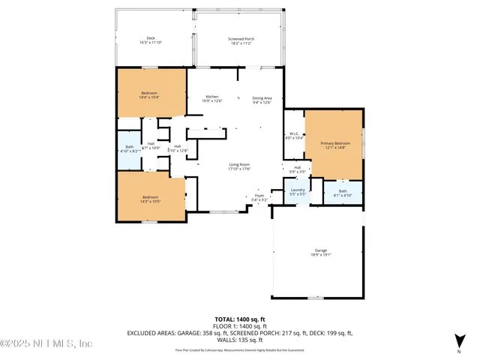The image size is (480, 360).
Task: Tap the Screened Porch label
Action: click(x=240, y=40)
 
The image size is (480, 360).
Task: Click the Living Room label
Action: click(x=239, y=166)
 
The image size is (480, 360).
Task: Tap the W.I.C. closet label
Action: click(x=295, y=136)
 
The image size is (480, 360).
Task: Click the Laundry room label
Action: click(x=297, y=192)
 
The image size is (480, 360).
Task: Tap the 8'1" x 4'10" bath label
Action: click(x=343, y=193)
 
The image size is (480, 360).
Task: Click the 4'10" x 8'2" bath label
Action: click(x=130, y=148)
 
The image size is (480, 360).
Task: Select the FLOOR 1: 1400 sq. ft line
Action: click(x=240, y=326)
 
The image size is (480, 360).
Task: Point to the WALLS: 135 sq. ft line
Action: click(x=240, y=339)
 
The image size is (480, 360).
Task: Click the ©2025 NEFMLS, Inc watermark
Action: click(x=46, y=343)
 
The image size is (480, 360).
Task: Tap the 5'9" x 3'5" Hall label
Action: click(x=298, y=169)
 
